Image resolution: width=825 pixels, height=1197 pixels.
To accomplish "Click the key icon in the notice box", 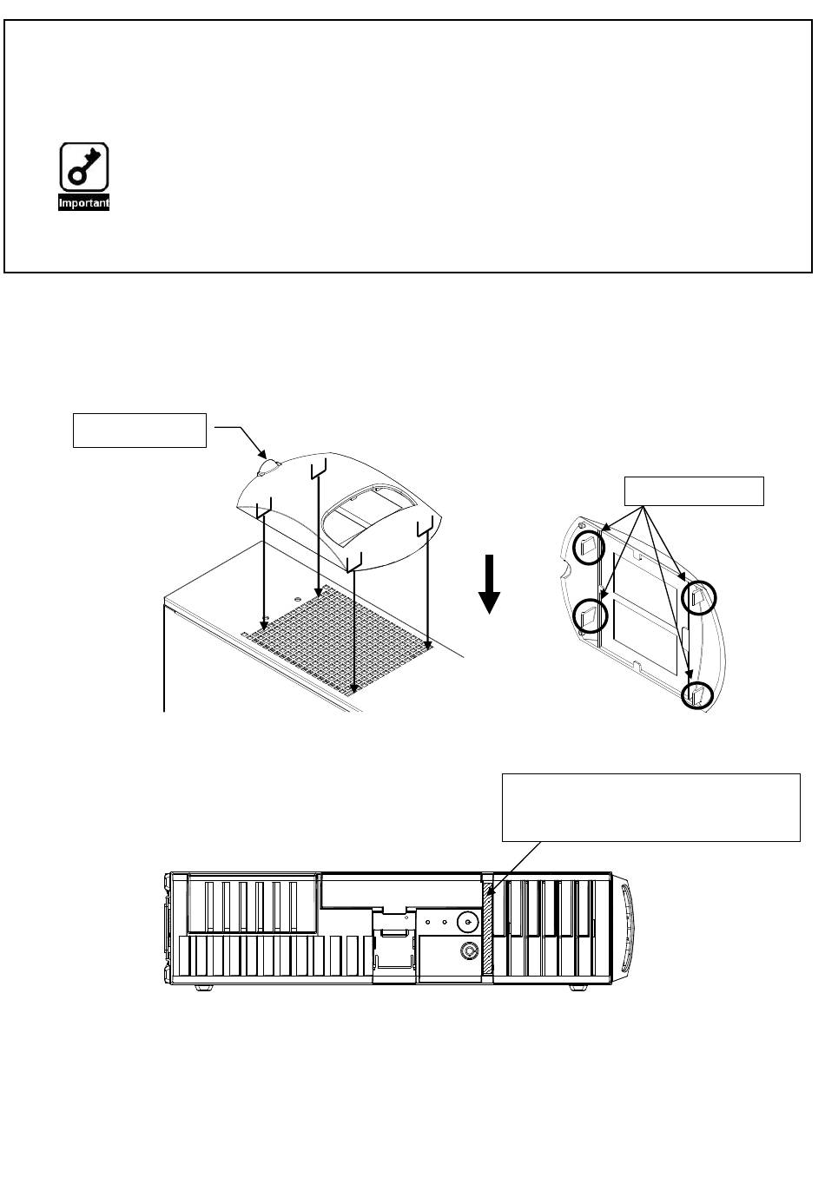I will [83, 168].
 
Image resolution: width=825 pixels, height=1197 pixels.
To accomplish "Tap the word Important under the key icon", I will [83, 203].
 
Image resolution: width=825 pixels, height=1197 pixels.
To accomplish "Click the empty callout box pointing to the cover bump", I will [139, 431].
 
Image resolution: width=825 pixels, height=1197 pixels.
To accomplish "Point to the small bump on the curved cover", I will [267, 467].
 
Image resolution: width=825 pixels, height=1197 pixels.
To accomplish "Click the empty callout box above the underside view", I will [694, 490].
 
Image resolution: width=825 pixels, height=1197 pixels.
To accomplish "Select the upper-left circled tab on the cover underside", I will [590, 545].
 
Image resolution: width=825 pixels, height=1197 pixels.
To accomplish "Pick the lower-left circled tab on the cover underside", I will [590, 615].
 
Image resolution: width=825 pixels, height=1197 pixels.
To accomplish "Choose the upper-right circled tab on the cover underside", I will [699, 596].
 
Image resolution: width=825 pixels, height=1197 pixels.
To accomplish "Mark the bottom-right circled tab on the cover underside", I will [696, 694].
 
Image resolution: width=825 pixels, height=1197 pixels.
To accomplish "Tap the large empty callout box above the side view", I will [650, 807].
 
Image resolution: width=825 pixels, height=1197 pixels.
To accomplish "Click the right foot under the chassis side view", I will [577, 988].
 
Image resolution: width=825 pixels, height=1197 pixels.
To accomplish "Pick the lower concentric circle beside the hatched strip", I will [470, 950].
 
